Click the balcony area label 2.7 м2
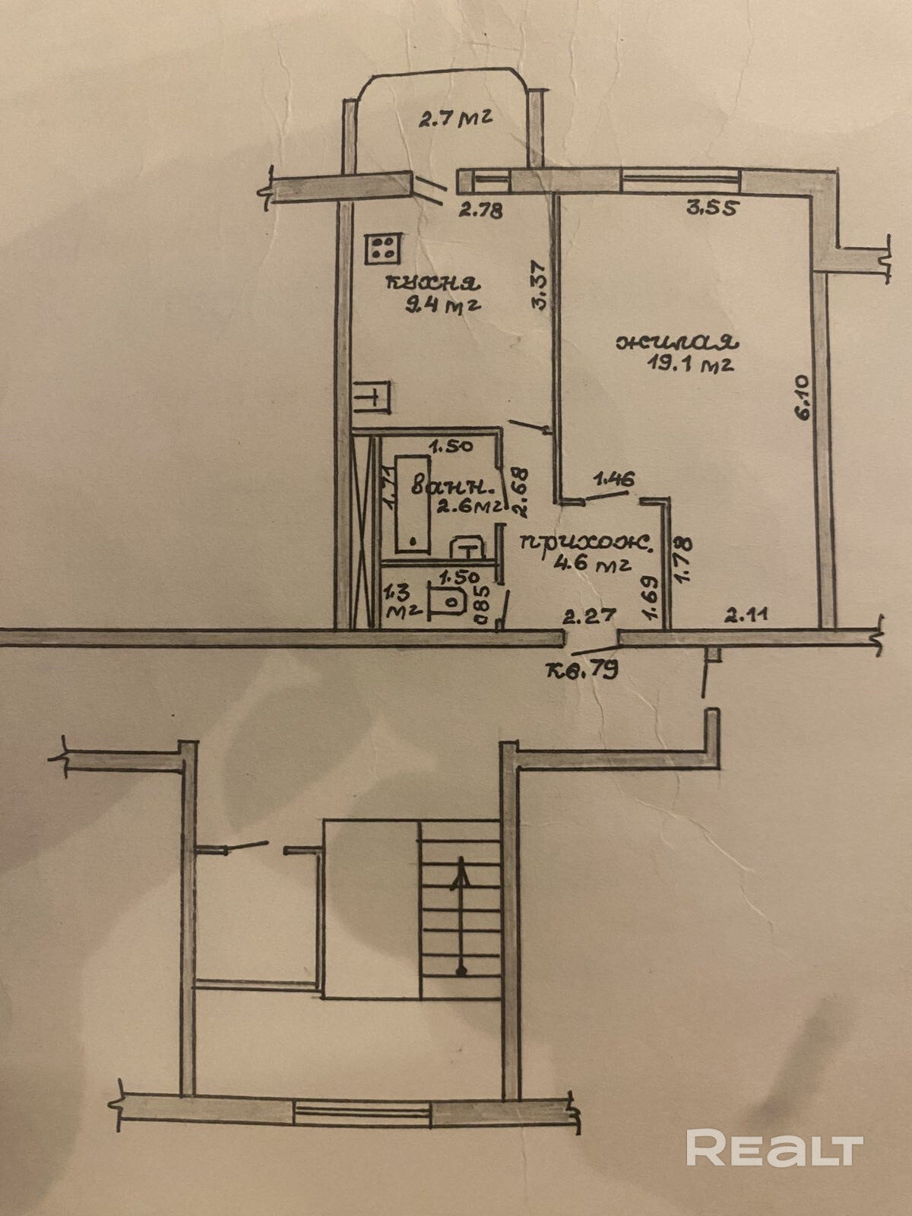tap(456, 119)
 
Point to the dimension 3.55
tap(711, 207)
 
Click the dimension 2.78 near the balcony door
tap(480, 211)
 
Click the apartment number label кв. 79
tap(582, 670)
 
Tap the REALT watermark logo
tap(774, 1148)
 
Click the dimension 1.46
tap(613, 479)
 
